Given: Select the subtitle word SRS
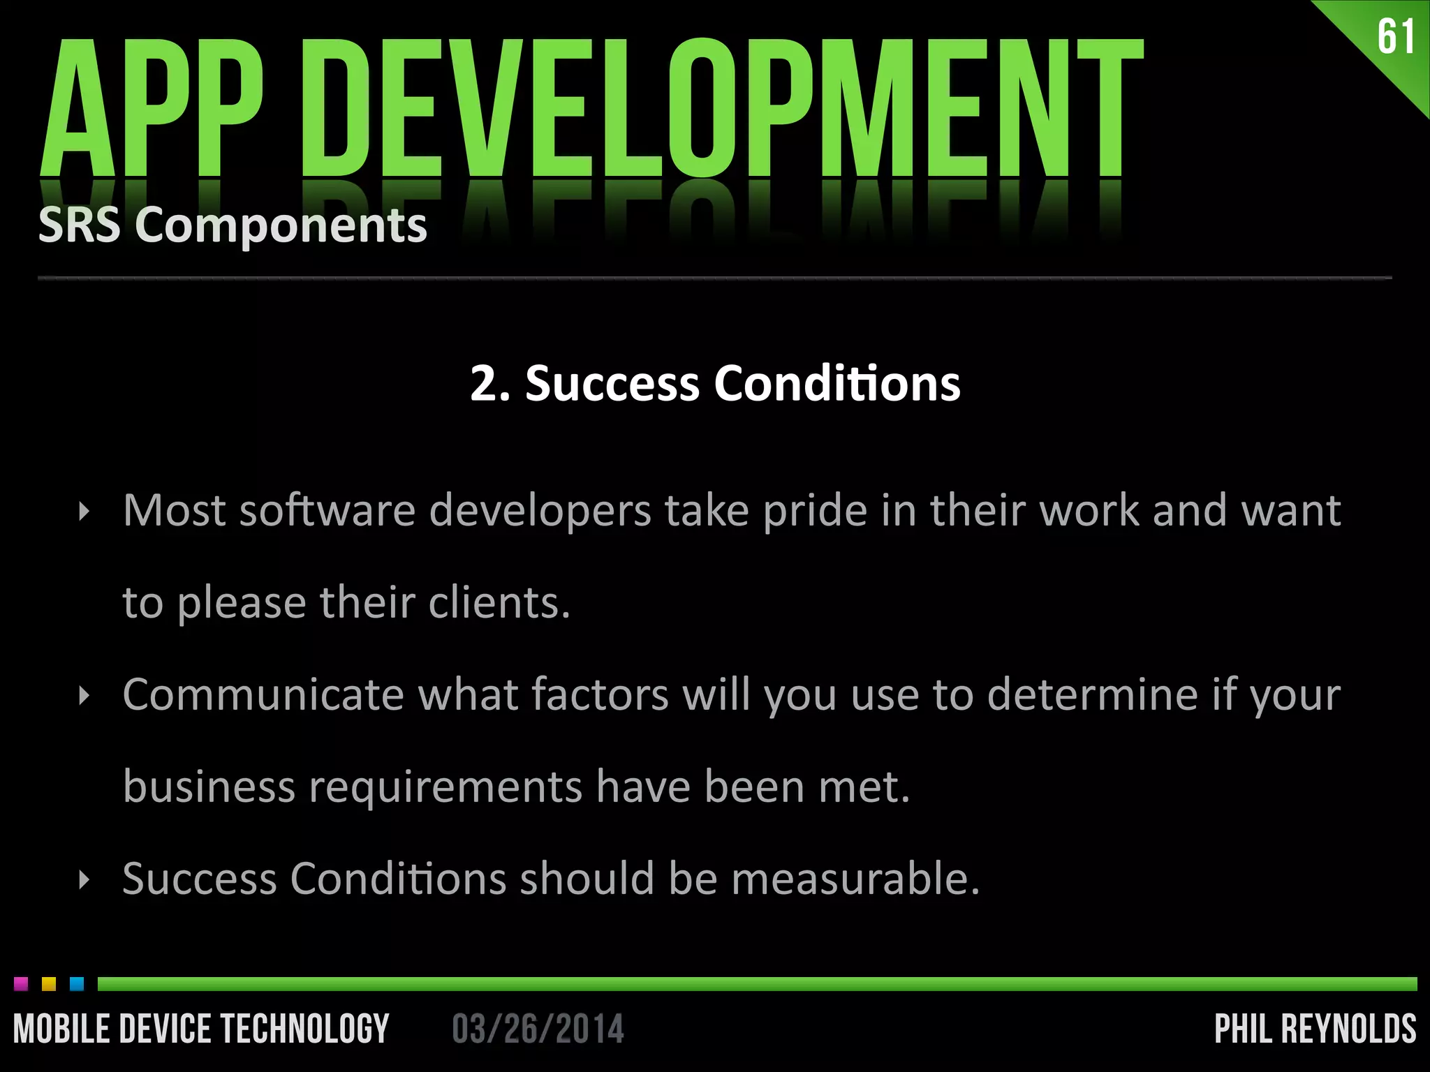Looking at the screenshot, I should point(79,225).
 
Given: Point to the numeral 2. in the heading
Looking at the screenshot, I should point(489,384).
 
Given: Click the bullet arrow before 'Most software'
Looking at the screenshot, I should point(84,512).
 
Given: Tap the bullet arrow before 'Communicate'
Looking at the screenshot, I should point(84,696).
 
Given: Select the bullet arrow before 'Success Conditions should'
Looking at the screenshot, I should point(84,879).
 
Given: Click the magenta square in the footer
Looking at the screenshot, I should point(21,984).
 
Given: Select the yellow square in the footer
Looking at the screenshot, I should point(49,984).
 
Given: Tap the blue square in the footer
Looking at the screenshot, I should point(77,984).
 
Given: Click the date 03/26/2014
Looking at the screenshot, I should point(538,1029).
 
